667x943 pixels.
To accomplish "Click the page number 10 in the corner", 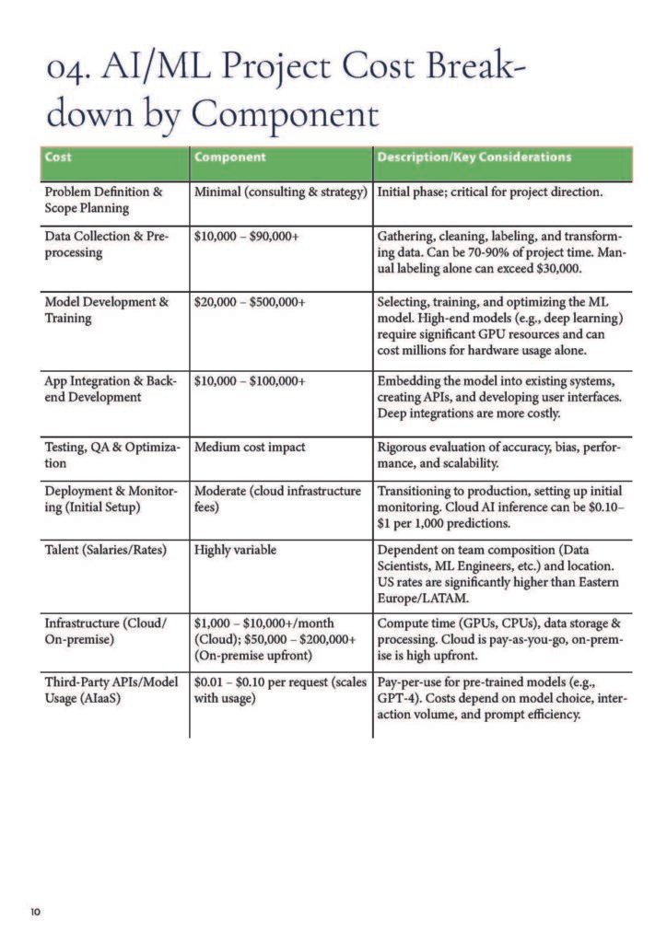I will pos(35,912).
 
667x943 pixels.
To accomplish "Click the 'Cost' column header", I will pos(57,157).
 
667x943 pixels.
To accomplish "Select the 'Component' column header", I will pos(229,157).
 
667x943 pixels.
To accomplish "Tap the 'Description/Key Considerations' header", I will pos(474,157).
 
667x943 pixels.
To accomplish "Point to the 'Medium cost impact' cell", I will pos(250,448).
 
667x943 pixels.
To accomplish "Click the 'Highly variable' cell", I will pos(235,550).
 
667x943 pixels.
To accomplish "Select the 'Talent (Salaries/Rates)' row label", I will pos(106,550).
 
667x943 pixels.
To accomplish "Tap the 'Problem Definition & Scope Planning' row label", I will pos(103,201).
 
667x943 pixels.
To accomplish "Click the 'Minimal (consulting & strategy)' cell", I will pos(281,192).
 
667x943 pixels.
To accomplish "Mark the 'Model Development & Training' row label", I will pos(107,310).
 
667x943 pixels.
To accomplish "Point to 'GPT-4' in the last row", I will pos(397,699).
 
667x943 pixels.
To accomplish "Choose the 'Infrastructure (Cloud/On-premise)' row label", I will pos(106,632).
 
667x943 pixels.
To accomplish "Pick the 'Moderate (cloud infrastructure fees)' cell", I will pos(277,499).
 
